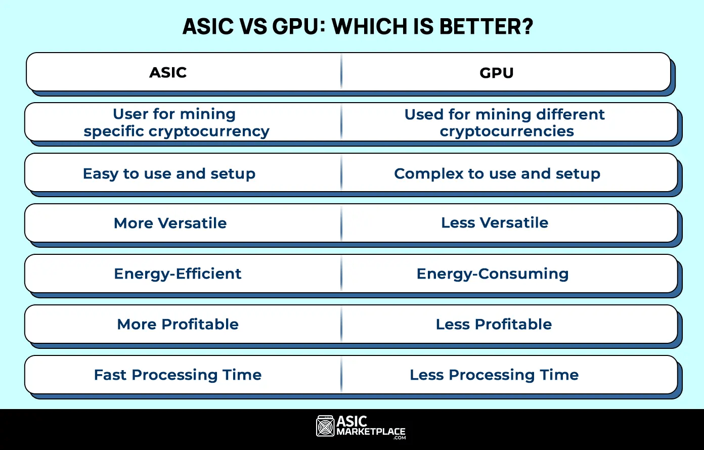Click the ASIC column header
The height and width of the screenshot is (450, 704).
click(x=168, y=73)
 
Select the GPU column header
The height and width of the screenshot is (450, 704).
click(x=496, y=73)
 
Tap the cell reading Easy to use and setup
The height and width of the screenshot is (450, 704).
click(x=169, y=173)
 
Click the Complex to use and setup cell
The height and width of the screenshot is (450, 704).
click(x=497, y=173)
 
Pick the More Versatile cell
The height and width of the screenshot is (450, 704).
click(x=170, y=223)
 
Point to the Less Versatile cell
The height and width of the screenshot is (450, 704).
click(x=494, y=223)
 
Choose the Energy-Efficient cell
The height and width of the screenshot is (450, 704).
click(x=178, y=274)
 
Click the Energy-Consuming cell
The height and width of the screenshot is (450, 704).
click(x=492, y=274)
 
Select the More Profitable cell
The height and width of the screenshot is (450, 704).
click(x=178, y=324)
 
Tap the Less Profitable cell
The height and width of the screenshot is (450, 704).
click(x=494, y=324)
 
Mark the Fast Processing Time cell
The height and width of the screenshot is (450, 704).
click(x=178, y=375)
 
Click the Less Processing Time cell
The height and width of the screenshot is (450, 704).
click(x=494, y=375)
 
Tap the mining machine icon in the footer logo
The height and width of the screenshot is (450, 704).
click(x=325, y=426)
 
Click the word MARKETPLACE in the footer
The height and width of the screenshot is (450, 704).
click(x=371, y=432)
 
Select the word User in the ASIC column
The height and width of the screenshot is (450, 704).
click(x=129, y=114)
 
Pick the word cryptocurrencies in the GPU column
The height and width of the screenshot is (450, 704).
click(x=506, y=131)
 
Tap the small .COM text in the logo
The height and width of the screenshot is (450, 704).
click(x=400, y=438)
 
